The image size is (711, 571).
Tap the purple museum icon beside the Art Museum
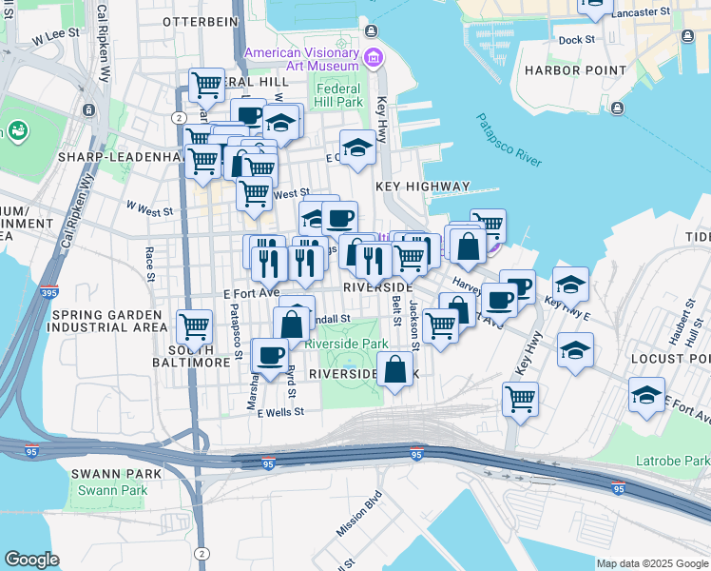pos(373,59)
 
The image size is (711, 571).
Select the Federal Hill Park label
pos(339,95)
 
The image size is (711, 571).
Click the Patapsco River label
pos(509,140)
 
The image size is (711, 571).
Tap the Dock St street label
pos(576,40)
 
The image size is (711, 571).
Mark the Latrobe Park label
pos(675,462)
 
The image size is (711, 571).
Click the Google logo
pos(31,560)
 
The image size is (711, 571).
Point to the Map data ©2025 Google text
pos(651,563)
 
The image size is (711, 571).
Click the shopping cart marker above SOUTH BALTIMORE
pos(194,325)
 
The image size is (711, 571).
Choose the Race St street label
pos(150,264)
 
